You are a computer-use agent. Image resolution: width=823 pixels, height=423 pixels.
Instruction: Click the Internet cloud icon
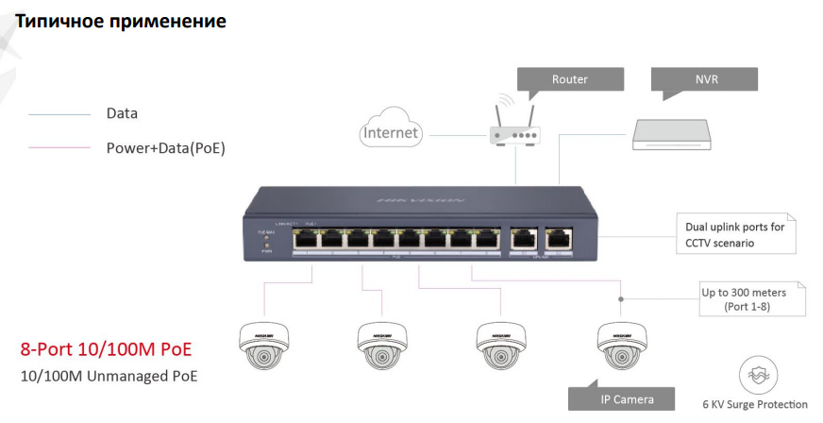(391, 132)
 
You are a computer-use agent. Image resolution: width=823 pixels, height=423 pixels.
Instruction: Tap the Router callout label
(569, 79)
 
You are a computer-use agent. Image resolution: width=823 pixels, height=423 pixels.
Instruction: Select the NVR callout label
(705, 79)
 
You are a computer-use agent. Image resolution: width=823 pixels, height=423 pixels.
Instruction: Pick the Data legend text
(122, 113)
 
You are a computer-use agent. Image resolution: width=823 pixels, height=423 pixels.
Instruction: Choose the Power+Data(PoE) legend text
(165, 148)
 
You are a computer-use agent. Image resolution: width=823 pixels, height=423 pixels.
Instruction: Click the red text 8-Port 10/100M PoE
(106, 350)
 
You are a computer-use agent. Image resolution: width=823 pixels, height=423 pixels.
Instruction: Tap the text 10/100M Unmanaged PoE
(109, 377)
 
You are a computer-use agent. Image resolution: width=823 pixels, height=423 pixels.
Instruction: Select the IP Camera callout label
(627, 399)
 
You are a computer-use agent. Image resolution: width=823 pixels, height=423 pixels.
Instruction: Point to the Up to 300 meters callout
(752, 299)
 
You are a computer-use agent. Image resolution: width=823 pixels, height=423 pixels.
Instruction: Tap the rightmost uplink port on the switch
(561, 240)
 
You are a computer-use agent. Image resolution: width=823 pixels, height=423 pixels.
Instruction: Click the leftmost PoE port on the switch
(307, 240)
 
